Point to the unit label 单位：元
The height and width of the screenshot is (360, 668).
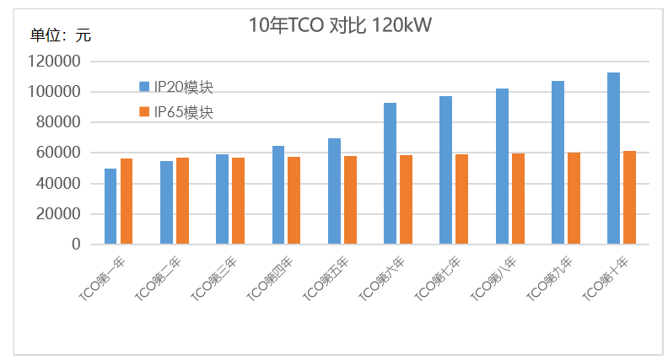[x=61, y=35]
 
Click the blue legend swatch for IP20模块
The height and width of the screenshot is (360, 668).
[x=144, y=87]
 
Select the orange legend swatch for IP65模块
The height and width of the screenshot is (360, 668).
[x=144, y=112]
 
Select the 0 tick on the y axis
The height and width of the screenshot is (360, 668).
[x=76, y=244]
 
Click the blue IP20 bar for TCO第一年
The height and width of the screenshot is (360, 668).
[x=110, y=207]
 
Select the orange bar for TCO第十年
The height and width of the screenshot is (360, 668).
[x=629, y=198]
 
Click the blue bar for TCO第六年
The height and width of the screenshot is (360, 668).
[x=390, y=174]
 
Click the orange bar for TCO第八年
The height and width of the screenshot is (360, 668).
[x=518, y=199]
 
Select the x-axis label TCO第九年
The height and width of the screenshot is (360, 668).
[x=549, y=280]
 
